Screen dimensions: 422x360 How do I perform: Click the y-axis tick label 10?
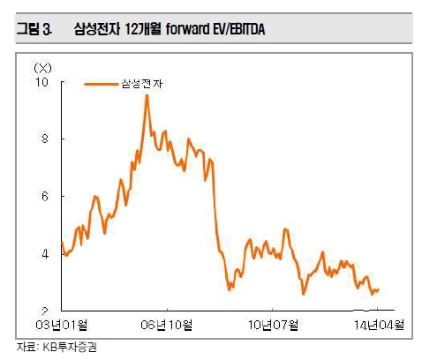point(41,82)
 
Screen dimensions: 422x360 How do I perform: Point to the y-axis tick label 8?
point(44,139)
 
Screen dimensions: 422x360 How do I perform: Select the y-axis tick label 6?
point(44,196)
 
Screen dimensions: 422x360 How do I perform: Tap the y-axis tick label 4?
point(44,254)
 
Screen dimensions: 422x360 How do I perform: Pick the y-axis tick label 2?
point(44,311)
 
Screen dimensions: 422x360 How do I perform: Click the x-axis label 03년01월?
point(62,325)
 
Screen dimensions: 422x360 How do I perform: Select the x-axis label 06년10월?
point(167,325)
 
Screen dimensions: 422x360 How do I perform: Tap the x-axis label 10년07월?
point(273,325)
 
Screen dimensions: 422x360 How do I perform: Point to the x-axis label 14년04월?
point(379,325)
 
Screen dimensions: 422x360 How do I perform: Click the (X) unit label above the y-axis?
point(43,68)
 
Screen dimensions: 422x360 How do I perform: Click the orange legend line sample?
point(102,85)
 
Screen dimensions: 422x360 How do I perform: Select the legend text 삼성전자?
point(142,84)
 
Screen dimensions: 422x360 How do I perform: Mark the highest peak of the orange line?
point(147,95)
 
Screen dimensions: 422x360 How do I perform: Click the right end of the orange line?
point(378,289)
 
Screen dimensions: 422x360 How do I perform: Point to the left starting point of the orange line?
point(62,242)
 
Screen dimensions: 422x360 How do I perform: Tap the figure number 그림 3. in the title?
point(34,29)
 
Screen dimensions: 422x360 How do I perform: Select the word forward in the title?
point(186,29)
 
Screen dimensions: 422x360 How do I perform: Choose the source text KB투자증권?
point(70,348)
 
